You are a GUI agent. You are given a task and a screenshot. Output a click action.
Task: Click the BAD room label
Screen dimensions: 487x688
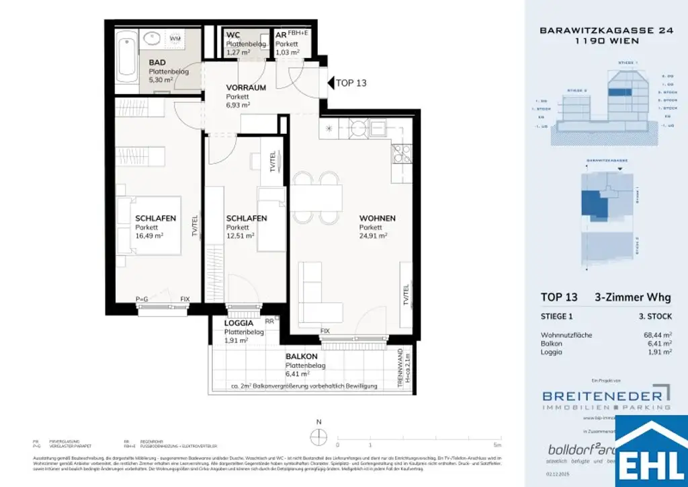click(157, 63)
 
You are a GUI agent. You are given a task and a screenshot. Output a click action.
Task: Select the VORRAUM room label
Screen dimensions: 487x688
click(246, 87)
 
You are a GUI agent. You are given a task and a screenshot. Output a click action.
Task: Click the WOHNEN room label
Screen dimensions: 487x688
click(377, 219)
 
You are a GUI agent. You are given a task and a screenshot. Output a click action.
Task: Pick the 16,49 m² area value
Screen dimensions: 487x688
click(149, 236)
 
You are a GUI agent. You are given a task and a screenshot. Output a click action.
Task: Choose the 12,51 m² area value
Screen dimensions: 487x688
click(240, 236)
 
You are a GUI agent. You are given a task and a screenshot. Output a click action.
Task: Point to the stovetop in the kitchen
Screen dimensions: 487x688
click(401, 155)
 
